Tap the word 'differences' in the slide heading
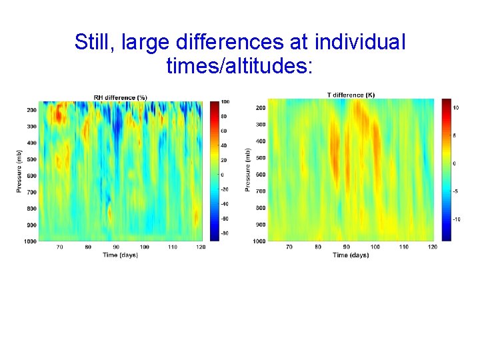[243, 42]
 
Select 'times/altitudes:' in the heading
[239, 65]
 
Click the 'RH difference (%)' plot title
[120, 97]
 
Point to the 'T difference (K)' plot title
[351, 95]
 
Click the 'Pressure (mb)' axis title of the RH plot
[19, 171]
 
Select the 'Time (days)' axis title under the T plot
[351, 255]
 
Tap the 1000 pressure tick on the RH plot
[29, 240]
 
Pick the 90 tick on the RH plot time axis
[117, 247]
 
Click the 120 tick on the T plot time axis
[431, 247]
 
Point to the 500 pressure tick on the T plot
[260, 158]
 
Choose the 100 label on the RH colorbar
[225, 102]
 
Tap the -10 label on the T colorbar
[457, 219]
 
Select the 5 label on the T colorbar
[455, 135]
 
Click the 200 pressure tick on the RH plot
[31, 110]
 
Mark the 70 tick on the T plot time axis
[289, 247]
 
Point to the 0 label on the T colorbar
[455, 163]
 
